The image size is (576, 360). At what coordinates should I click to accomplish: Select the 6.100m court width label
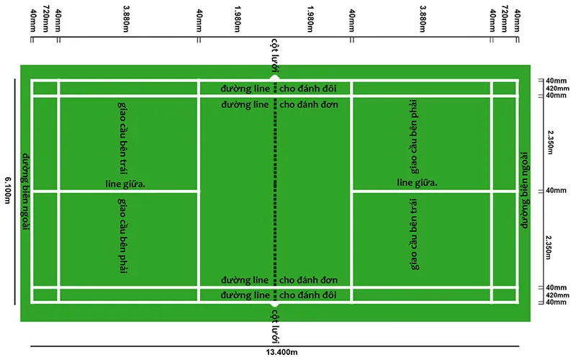point(8,190)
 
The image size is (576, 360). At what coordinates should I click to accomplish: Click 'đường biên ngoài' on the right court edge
point(526,190)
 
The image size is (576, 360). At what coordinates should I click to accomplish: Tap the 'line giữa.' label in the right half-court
point(417,183)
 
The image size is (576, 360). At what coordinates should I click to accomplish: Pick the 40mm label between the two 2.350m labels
point(555,191)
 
